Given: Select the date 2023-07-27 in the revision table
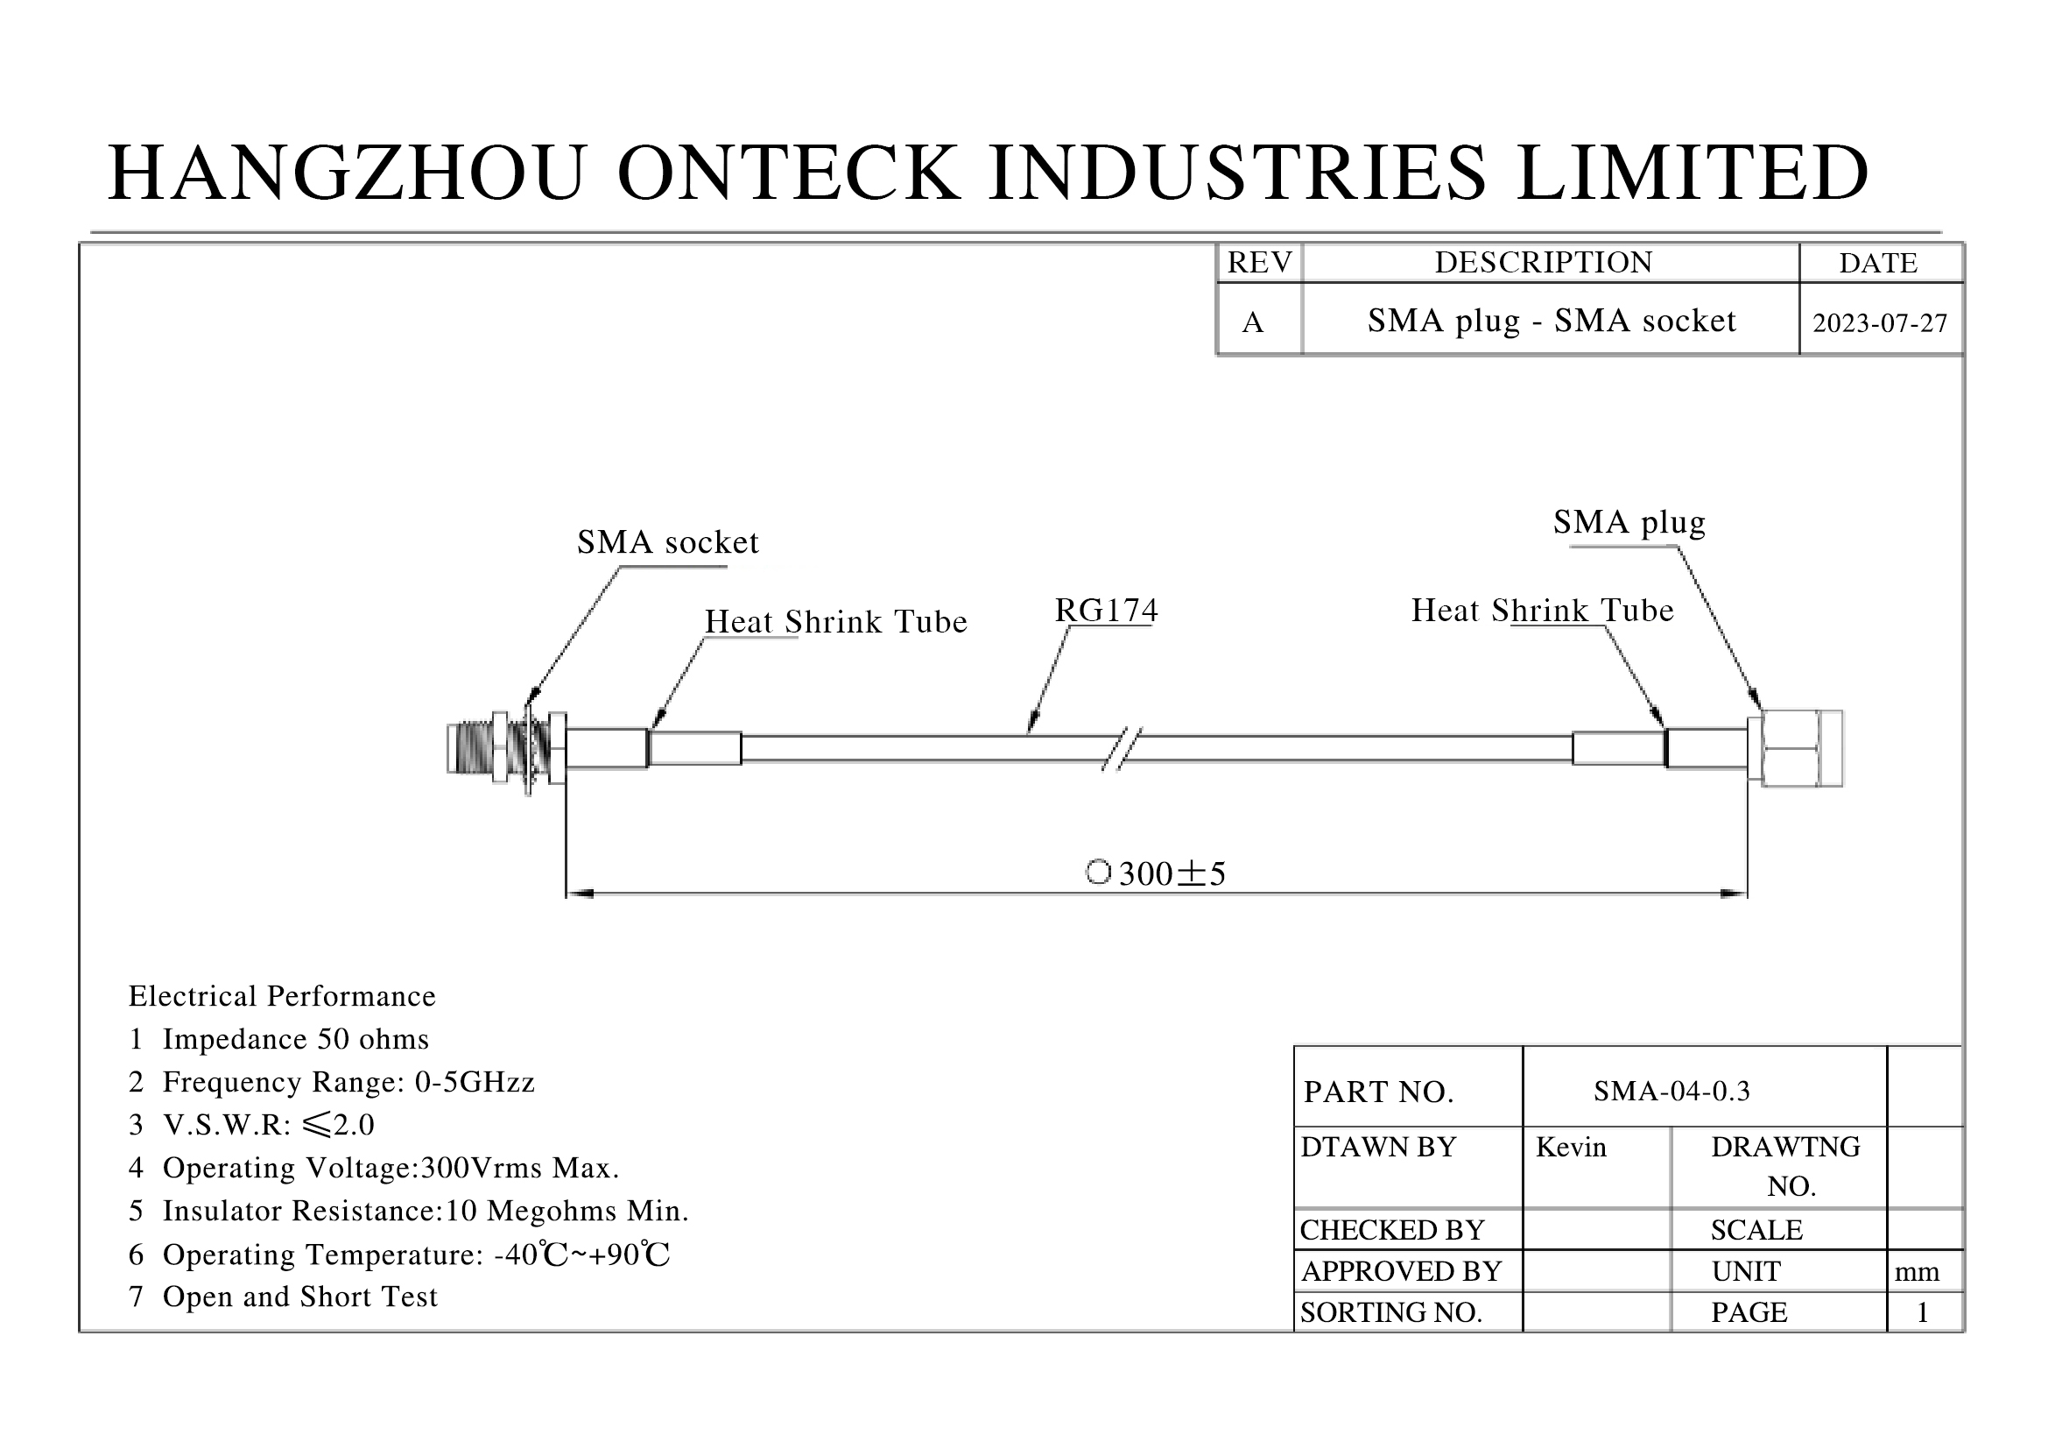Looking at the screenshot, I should [1879, 323].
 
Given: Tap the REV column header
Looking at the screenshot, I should [1258, 262].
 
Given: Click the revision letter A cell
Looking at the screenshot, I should [1252, 322].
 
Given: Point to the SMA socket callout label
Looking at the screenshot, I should [667, 542].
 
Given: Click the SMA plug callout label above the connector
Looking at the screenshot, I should [1629, 522].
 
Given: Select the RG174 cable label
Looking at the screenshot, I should [1106, 611].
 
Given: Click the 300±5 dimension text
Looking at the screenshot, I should [1172, 873].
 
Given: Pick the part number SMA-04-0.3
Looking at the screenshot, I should [1671, 1091].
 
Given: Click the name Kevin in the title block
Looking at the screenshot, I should [1571, 1148].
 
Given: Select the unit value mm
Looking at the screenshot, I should [1917, 1271].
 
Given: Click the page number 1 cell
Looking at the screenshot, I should [1922, 1312].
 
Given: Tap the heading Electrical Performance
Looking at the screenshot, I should [282, 996].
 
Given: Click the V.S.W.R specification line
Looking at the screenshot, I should [251, 1124].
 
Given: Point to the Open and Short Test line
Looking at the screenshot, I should [284, 1297].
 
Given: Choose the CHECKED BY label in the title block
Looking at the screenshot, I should [1391, 1230].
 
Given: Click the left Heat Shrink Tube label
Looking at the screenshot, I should [835, 622].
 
